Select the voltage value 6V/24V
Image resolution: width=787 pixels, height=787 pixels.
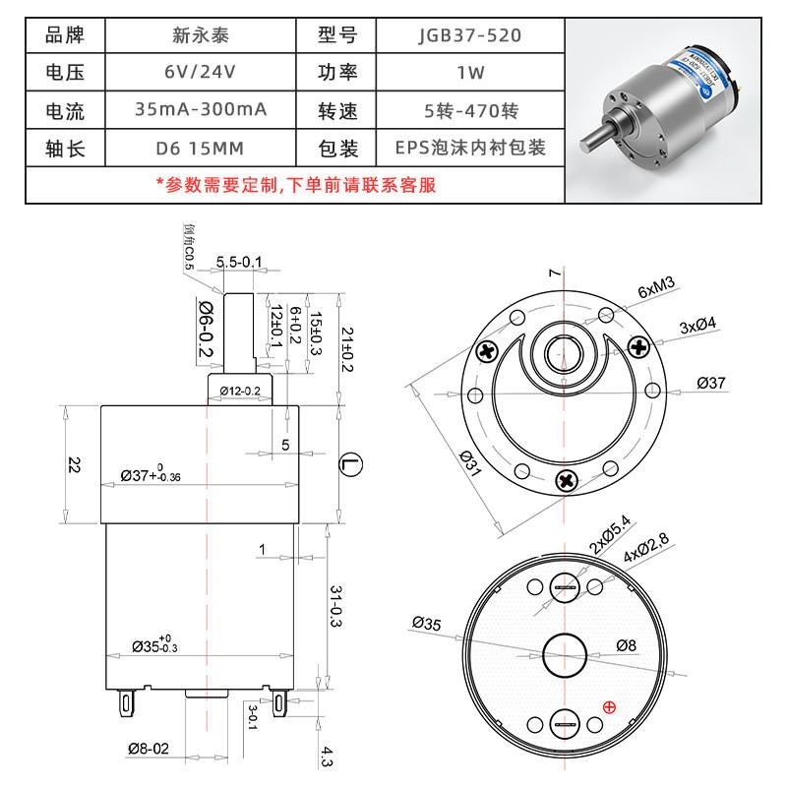(x=201, y=73)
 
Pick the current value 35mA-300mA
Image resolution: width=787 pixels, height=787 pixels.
(x=201, y=109)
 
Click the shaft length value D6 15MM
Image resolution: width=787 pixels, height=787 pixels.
(x=201, y=147)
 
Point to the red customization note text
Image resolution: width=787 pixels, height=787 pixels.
(x=295, y=184)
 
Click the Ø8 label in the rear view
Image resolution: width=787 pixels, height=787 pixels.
(x=627, y=645)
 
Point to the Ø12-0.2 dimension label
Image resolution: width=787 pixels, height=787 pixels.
(x=239, y=391)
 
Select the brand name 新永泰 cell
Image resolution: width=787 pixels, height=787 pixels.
(x=201, y=36)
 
